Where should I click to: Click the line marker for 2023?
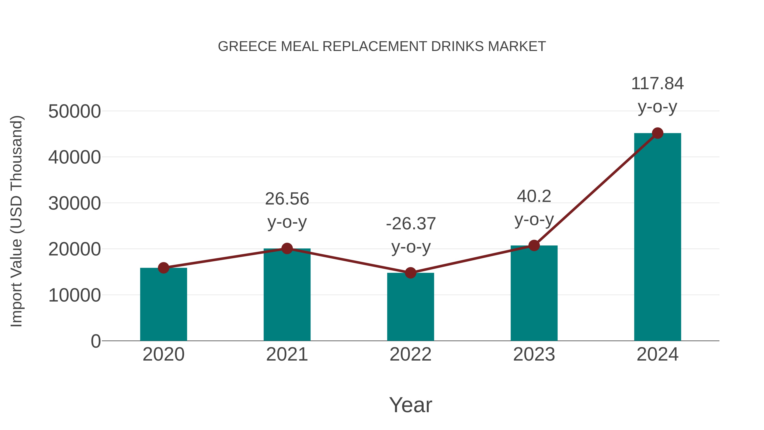point(534,245)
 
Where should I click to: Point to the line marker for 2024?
point(657,133)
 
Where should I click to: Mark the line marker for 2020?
point(163,268)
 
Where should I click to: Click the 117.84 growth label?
point(657,84)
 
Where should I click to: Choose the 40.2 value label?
point(534,196)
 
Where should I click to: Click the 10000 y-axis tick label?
point(74,296)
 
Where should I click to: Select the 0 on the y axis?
point(95,341)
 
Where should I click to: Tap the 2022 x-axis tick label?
point(410,354)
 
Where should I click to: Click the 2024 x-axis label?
point(657,354)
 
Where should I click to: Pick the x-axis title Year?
point(410,405)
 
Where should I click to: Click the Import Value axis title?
point(17,221)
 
